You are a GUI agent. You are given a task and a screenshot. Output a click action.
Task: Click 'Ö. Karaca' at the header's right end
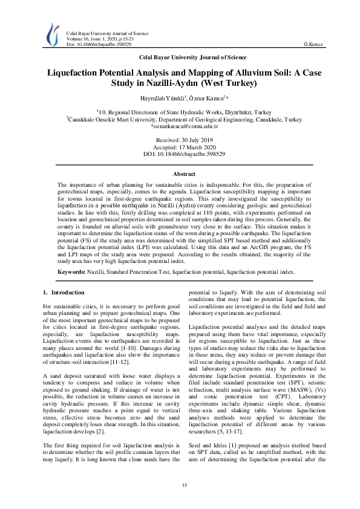pyautogui.click(x=314, y=45)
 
